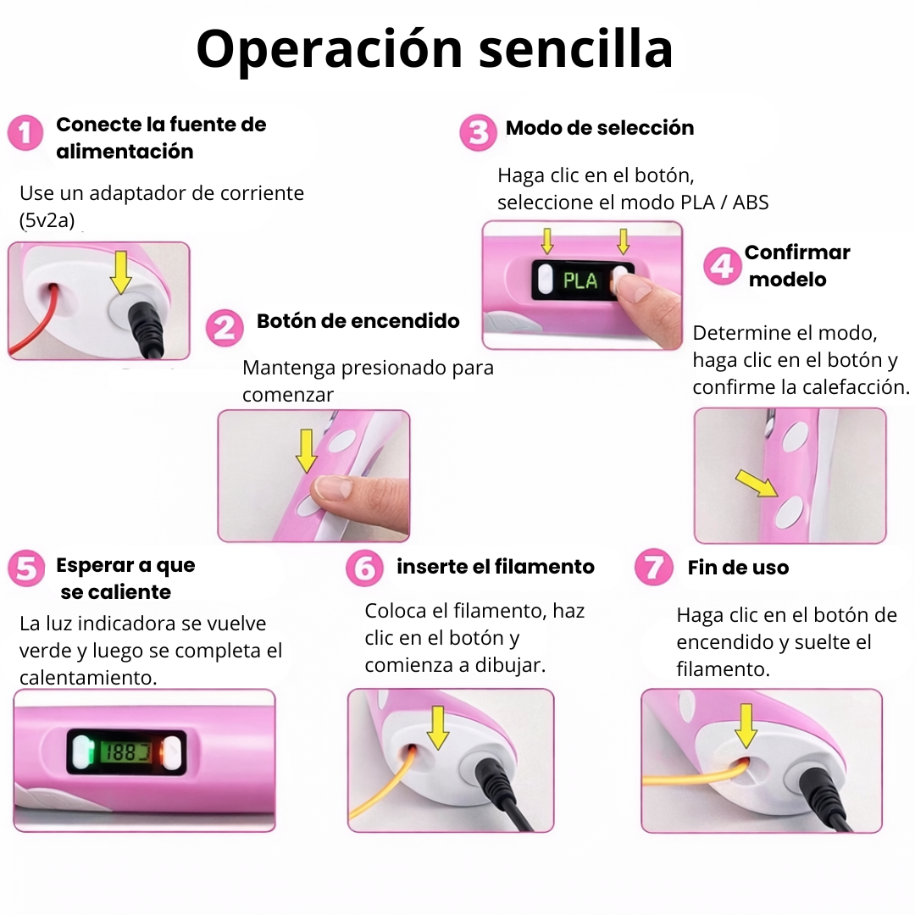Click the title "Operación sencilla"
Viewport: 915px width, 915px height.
435,49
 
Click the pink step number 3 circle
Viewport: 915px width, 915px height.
478,133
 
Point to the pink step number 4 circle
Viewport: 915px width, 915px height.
722,267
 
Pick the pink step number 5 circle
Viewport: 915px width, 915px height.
26,568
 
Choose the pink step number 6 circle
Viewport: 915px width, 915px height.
364,568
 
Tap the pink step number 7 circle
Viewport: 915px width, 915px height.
653,568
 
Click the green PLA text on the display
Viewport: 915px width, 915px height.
580,280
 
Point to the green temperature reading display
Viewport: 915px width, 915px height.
125,751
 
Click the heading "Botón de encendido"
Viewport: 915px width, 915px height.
358,321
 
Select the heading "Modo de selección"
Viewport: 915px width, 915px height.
599,128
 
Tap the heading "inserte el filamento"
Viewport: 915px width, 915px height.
496,567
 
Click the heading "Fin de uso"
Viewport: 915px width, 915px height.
738,568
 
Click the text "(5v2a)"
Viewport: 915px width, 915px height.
47,220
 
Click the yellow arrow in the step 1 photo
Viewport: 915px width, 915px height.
122,271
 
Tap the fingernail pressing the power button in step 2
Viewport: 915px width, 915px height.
335,487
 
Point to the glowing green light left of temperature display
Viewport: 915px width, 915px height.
82,751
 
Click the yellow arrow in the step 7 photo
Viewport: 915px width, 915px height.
746,726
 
